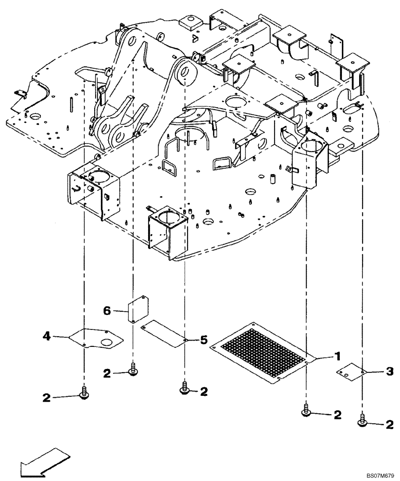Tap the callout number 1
click(338, 356)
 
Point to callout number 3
click(389, 371)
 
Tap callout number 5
click(203, 341)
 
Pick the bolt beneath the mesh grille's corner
click(306, 410)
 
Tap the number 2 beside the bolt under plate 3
click(388, 424)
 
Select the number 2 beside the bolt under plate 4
click(46, 397)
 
